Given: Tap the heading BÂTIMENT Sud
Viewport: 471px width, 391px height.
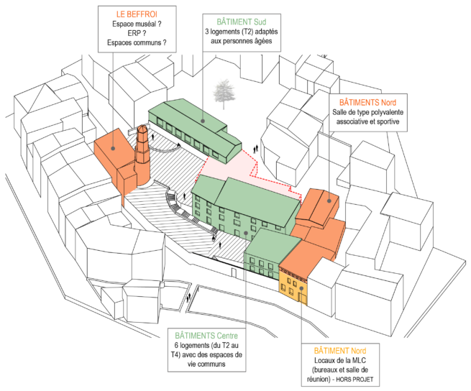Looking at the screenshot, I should (x=241, y=21).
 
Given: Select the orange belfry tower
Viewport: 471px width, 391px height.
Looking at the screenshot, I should (x=142, y=147).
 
